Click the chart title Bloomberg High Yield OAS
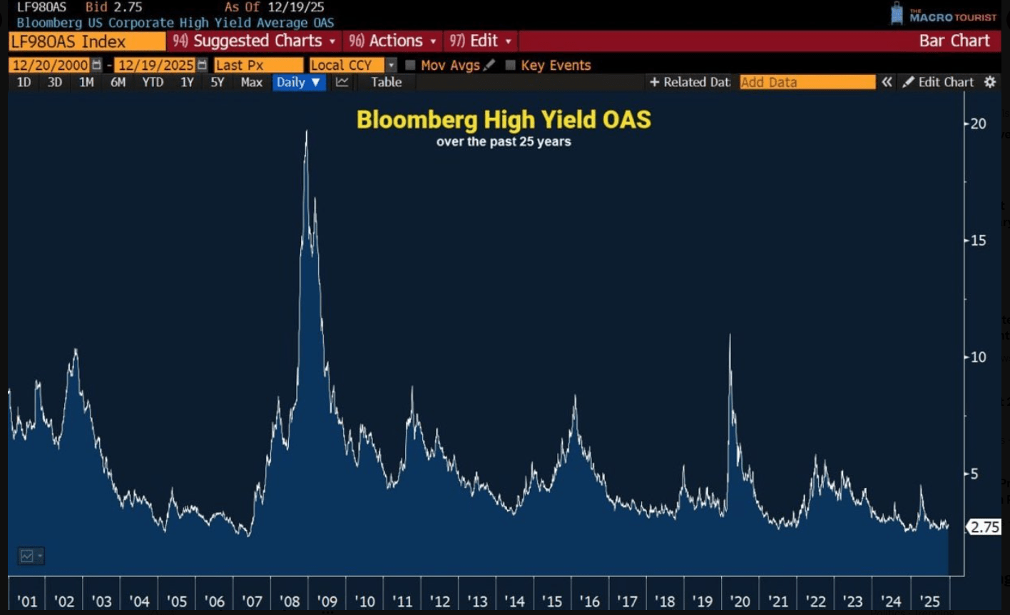coord(504,119)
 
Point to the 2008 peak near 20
coord(307,132)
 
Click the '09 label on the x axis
coord(327,601)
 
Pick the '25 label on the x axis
coord(929,601)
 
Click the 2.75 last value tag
coord(985,527)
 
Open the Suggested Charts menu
coord(254,41)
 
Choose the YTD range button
coord(153,82)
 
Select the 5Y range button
coord(217,82)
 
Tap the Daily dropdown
coord(298,82)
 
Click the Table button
coord(386,82)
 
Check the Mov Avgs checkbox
coord(410,65)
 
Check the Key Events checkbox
coord(510,65)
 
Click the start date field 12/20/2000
coord(50,65)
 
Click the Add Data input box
coord(807,82)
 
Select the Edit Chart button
coord(938,82)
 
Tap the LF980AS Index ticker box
coord(86,41)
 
